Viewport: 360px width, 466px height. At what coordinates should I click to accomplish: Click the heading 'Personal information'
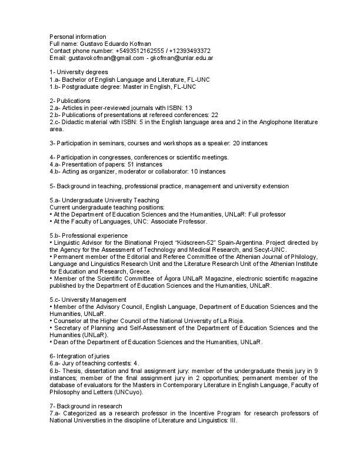coord(78,36)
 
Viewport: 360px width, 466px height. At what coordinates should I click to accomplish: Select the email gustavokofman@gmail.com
coord(105,58)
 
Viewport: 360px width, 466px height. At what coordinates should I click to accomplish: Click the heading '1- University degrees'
coord(79,72)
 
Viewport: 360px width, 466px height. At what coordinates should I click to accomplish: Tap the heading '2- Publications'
coord(69,101)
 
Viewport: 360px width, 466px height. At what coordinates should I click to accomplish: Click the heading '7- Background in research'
coord(85,406)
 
